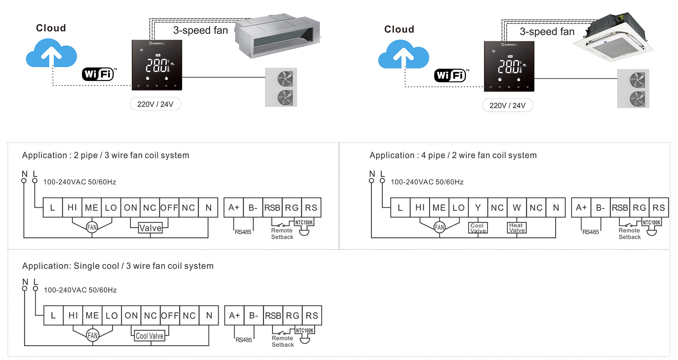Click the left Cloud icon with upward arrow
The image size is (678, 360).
52,54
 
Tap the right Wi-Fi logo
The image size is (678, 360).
451,75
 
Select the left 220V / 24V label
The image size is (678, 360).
155,104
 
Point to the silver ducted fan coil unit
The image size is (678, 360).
278,35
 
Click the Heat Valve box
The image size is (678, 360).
517,228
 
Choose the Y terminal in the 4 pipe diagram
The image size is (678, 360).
478,208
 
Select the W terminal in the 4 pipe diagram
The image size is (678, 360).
517,208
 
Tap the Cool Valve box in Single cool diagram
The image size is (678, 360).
150,336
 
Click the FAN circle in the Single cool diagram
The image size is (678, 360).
93,335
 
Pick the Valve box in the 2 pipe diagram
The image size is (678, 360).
150,228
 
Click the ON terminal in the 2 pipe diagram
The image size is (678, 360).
130,208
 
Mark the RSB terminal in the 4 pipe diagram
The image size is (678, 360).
620,208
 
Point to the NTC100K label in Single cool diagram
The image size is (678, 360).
304,331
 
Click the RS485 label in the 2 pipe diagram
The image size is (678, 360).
243,232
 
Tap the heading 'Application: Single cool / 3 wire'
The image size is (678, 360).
118,266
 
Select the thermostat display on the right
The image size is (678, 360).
509,66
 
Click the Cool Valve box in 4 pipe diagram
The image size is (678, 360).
478,228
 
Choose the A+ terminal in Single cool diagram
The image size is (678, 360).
234,315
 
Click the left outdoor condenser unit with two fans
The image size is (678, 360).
281,87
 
